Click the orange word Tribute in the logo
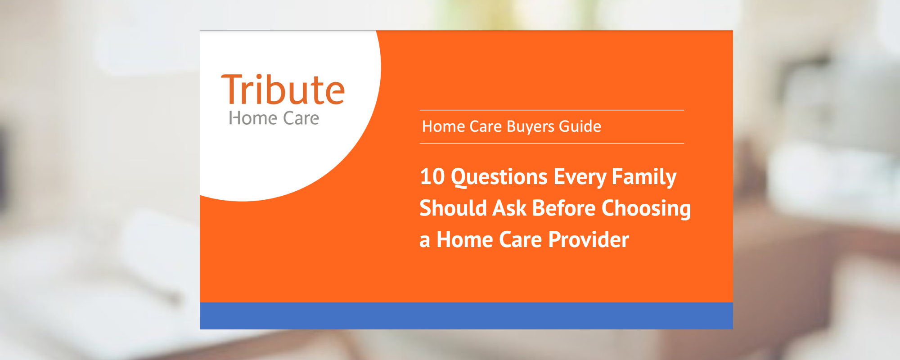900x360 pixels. click(x=283, y=90)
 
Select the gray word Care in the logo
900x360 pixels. click(x=301, y=118)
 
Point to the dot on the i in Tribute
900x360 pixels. click(x=259, y=77)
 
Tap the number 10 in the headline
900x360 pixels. click(x=432, y=176)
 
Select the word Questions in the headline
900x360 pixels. click(x=499, y=177)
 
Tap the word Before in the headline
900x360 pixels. click(x=564, y=208)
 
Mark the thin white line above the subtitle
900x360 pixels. click(x=552, y=110)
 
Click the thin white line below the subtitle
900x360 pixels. click(x=552, y=144)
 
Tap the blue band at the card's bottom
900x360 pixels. click(x=466, y=315)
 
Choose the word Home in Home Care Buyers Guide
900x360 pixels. click(x=440, y=126)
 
